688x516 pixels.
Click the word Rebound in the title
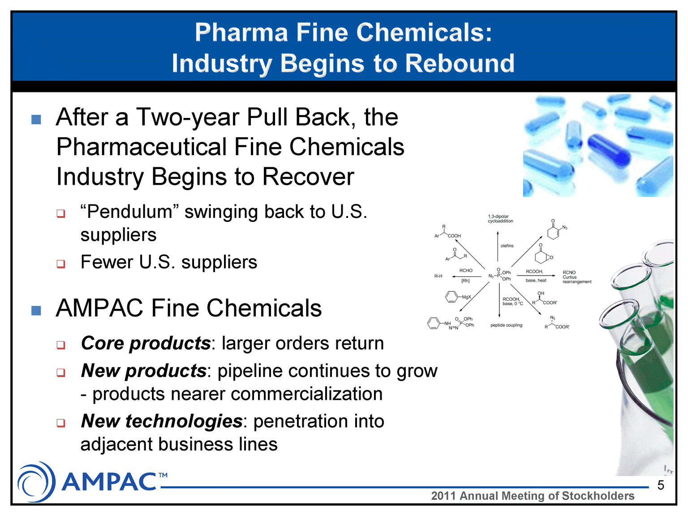[460, 63]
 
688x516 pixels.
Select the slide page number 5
[661, 485]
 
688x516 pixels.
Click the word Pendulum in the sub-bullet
[130, 212]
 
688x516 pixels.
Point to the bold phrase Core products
[146, 343]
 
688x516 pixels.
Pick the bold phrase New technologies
[162, 421]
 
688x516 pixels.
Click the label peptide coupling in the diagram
[506, 325]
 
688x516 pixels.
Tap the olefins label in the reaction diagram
[507, 246]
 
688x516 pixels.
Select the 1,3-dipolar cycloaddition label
[500, 219]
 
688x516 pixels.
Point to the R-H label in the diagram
[438, 276]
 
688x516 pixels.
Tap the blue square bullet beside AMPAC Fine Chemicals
[36, 311]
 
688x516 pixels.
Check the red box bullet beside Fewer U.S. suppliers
[61, 264]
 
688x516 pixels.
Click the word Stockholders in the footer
[598, 496]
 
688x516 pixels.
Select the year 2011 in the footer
[444, 496]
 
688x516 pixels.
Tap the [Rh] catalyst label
[465, 281]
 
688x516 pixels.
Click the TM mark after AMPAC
[163, 476]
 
